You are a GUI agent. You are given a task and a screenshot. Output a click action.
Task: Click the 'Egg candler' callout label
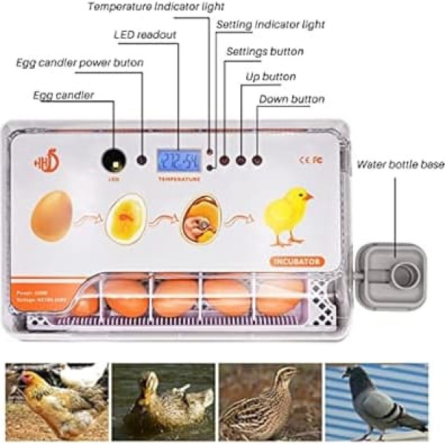click(x=63, y=96)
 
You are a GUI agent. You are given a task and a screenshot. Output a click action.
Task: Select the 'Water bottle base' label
click(x=400, y=164)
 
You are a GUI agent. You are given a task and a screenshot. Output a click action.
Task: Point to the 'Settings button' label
click(x=264, y=52)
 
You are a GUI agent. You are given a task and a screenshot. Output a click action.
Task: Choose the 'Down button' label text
click(x=291, y=99)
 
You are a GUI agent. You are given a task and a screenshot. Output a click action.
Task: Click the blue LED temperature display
click(x=178, y=159)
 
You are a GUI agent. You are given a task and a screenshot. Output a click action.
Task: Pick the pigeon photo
click(x=377, y=401)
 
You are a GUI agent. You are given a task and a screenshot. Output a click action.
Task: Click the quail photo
click(x=270, y=401)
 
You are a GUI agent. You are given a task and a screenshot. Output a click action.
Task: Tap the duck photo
click(x=163, y=401)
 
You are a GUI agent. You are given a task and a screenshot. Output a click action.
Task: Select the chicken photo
click(x=56, y=401)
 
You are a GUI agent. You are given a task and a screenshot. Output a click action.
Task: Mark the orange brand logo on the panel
click(x=44, y=163)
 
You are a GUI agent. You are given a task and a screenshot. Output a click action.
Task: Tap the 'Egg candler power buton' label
click(x=80, y=62)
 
